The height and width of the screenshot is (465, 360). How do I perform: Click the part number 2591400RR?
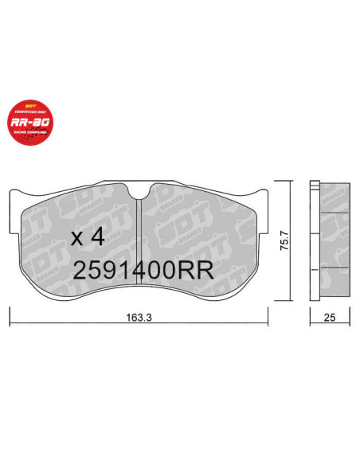(x=143, y=269)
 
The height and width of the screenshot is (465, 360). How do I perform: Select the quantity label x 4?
(x=88, y=237)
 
